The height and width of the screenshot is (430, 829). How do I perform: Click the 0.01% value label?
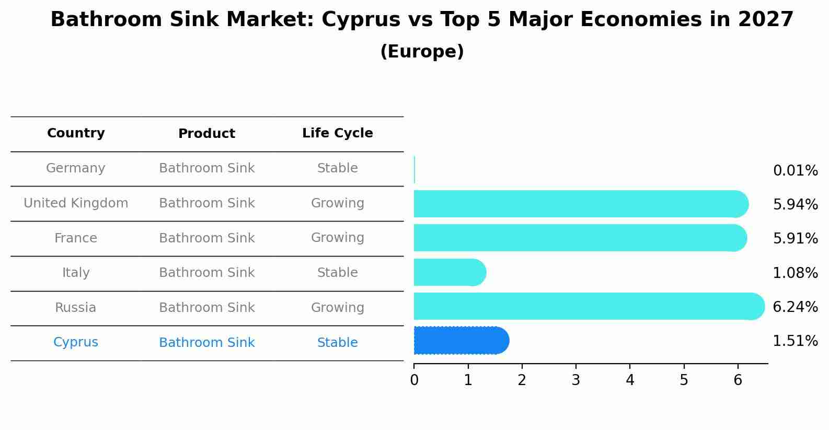tap(795, 171)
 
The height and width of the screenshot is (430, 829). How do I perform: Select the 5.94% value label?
tap(795, 204)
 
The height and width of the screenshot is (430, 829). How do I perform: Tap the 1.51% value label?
tap(795, 341)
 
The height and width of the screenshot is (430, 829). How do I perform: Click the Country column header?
tap(76, 133)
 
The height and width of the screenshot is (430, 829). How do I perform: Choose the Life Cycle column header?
tap(337, 133)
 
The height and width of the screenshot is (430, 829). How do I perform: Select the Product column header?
tap(206, 134)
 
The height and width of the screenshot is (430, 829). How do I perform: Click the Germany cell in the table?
tap(76, 168)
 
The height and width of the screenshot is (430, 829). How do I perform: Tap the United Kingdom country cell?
tap(76, 203)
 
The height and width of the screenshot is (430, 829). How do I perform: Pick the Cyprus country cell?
tap(76, 342)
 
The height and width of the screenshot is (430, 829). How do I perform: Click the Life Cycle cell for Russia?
tap(337, 308)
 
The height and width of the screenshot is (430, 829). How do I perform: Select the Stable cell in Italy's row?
tap(337, 273)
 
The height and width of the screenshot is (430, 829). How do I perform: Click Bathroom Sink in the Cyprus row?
tap(206, 343)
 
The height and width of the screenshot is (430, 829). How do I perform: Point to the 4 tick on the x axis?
tap(630, 380)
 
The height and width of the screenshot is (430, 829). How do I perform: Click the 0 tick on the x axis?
tap(414, 380)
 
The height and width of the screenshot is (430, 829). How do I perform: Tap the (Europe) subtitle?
tap(422, 52)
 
